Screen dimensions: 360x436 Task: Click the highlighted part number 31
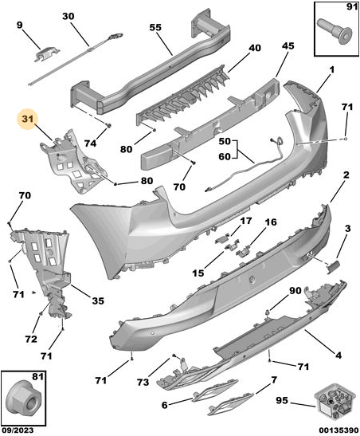[x=28, y=119]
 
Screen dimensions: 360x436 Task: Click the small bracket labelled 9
[x=47, y=53]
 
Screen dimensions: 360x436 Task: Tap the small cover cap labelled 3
[x=333, y=267]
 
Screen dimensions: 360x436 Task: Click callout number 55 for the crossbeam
[x=155, y=27]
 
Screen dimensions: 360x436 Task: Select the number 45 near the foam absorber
[x=288, y=45]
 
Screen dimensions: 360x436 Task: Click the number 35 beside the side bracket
[x=98, y=300]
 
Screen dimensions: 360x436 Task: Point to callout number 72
[x=31, y=339]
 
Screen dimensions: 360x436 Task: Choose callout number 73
[x=143, y=383]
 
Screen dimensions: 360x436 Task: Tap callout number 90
[x=295, y=291]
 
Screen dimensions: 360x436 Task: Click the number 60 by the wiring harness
[x=225, y=156]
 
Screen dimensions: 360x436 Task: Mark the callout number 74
[x=90, y=143]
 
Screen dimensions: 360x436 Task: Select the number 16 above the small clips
[x=271, y=222]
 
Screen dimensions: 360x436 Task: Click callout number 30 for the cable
[x=68, y=16]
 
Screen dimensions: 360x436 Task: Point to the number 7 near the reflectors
[x=274, y=380]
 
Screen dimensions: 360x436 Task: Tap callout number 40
[x=255, y=48]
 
